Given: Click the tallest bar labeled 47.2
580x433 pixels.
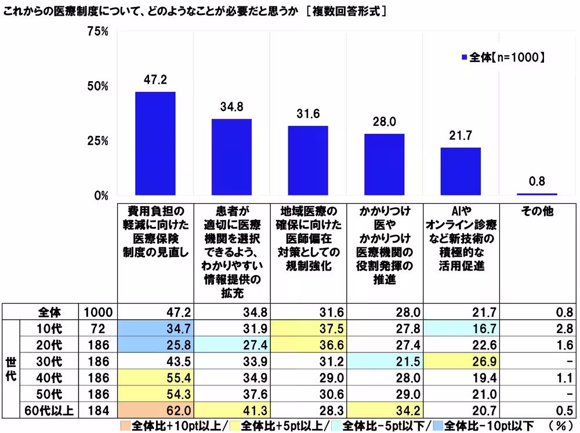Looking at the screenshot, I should [155, 143].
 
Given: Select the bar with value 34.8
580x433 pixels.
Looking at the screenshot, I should [231, 157].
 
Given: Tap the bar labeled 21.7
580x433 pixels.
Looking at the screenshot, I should [461, 172].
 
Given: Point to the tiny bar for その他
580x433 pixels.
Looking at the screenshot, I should [536, 194].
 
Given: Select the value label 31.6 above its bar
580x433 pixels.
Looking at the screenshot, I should [308, 114].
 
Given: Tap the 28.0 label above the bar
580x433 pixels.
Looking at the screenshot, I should [384, 122].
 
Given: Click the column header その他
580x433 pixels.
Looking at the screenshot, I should [537, 212].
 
